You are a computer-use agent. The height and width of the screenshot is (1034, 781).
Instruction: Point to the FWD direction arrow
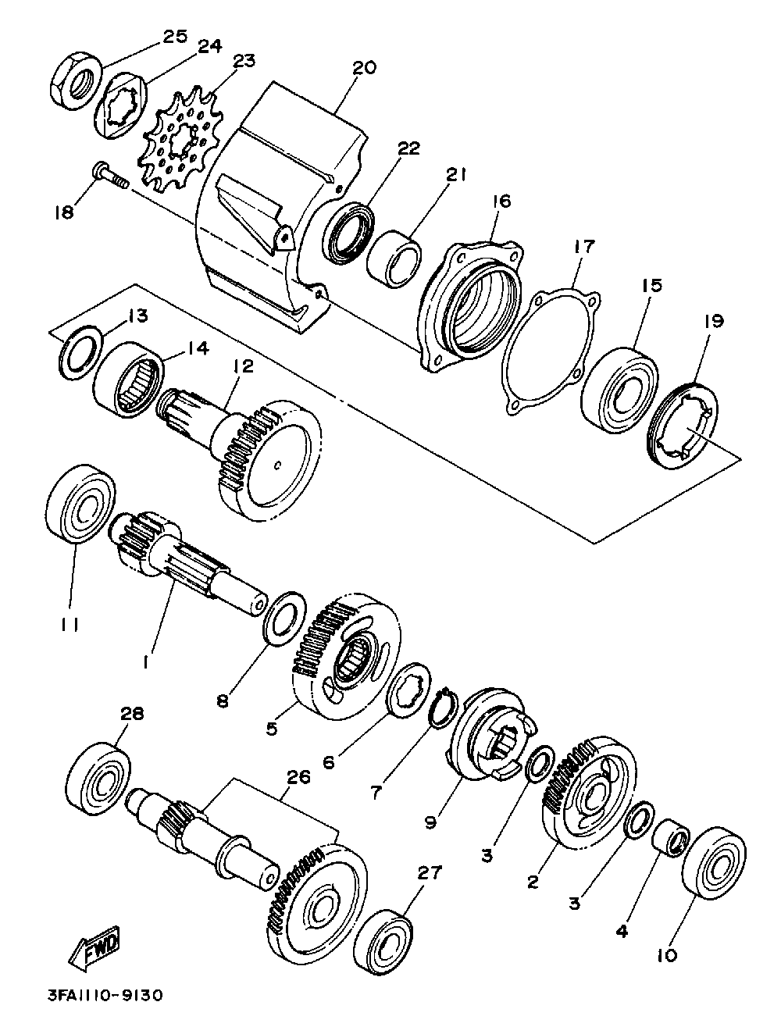pos(95,949)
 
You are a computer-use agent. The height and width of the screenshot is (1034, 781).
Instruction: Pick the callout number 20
pos(363,68)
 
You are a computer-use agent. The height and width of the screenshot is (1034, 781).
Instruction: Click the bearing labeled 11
pos(80,504)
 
